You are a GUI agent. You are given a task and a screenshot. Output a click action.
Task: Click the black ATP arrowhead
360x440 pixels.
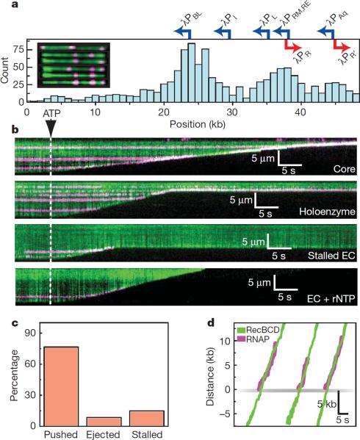50,129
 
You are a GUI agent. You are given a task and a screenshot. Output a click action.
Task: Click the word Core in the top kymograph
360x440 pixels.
340,169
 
